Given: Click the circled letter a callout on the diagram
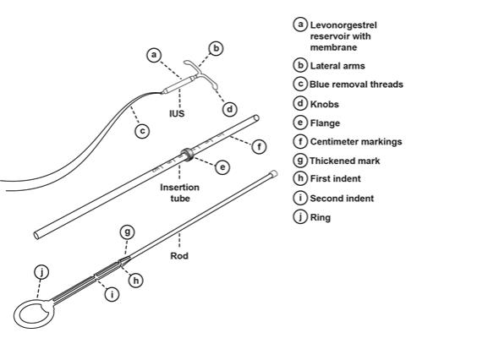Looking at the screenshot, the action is point(154,55).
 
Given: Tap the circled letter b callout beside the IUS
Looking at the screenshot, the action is point(216,48).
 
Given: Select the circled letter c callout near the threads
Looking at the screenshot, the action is point(142,131).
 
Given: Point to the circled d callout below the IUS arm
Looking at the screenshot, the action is point(230,109).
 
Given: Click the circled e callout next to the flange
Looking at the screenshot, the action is point(222,167).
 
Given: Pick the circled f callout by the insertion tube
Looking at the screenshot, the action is point(259,146).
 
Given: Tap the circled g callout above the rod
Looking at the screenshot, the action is point(128,232).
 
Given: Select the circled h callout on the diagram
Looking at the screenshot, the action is point(136,281).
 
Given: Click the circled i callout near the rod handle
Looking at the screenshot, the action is point(112,294).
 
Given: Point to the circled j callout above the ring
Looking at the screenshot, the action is point(41,272).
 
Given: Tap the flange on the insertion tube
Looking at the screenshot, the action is point(188,154).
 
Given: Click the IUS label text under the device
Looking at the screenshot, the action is point(177,113).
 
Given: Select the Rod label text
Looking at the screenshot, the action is point(179,256).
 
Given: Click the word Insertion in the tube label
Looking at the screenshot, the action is point(179,187).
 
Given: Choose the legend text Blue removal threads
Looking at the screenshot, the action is point(356,85).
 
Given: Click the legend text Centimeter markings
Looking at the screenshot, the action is point(356,142).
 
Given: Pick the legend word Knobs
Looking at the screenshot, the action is point(324,104).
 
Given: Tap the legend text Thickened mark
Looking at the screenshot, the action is point(344,161).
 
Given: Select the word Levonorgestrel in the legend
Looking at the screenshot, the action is point(343,25).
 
